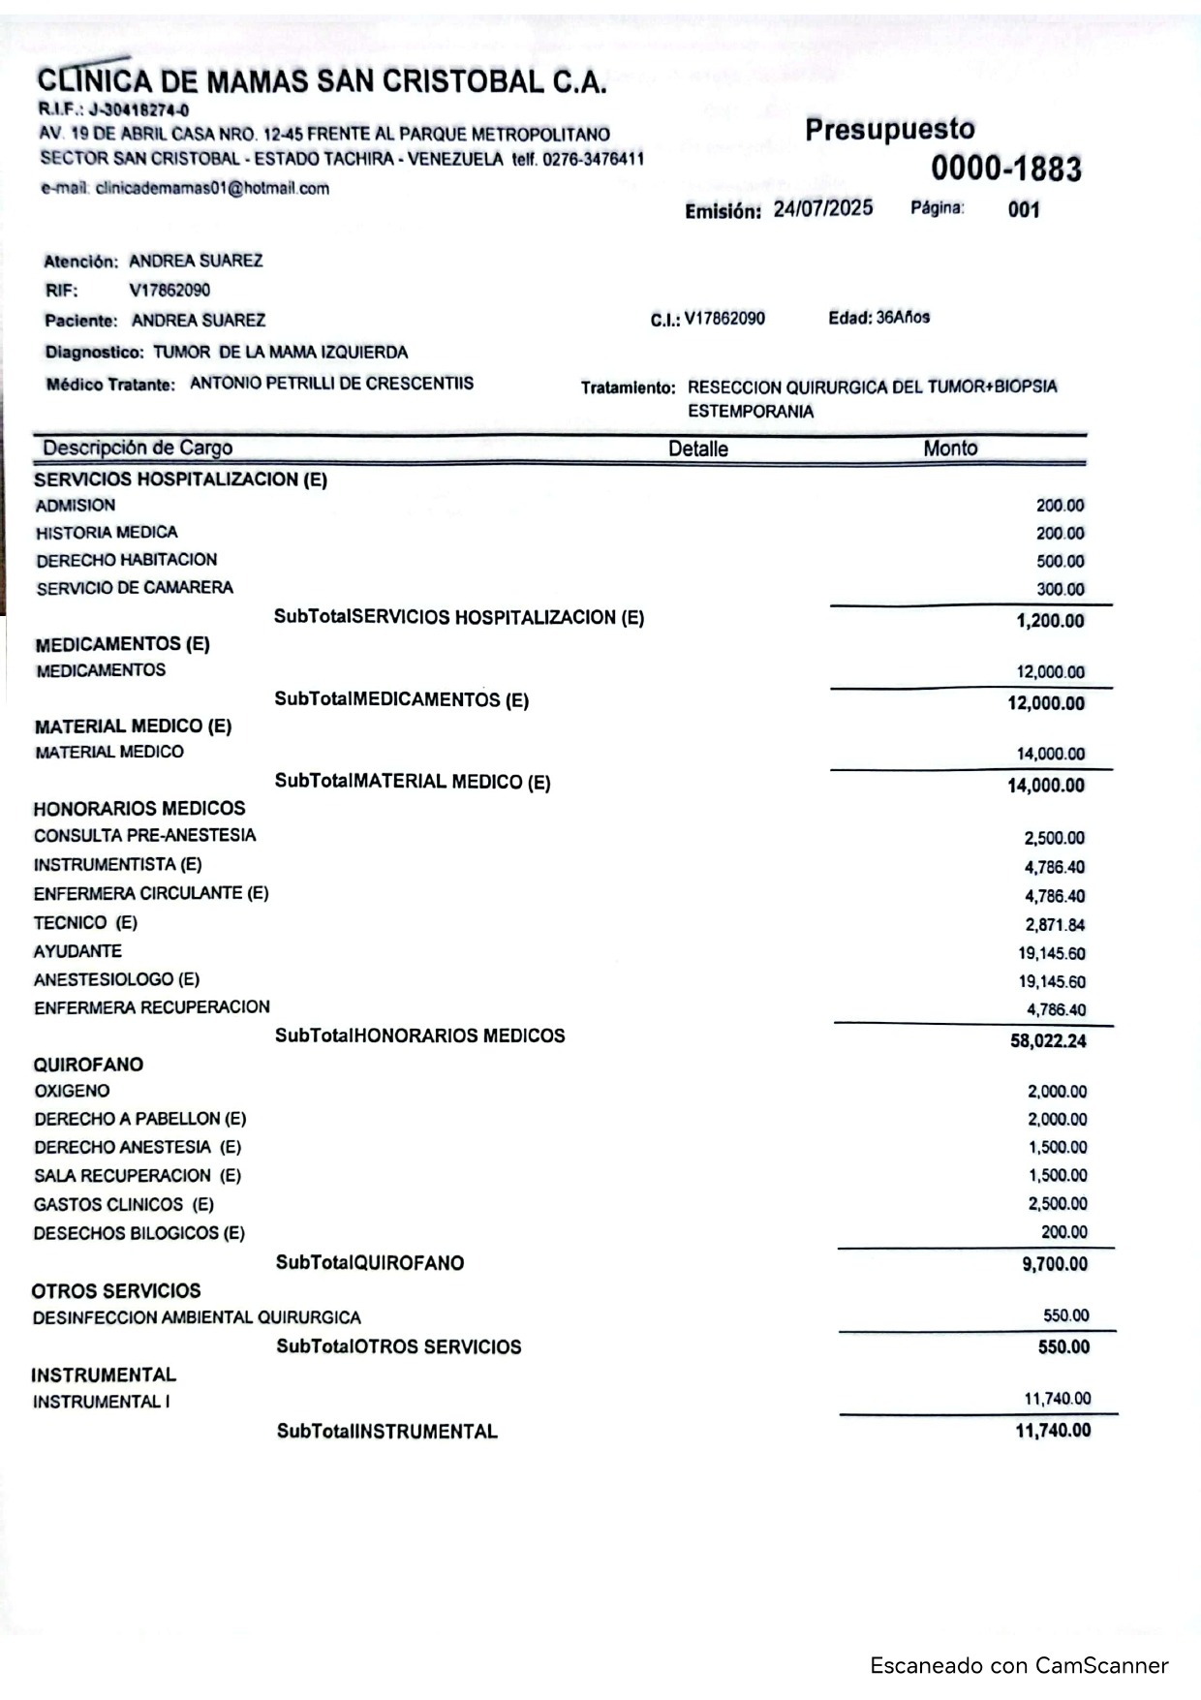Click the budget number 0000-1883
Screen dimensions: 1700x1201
coord(1006,169)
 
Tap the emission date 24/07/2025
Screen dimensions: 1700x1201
coord(822,209)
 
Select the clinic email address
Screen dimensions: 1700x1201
coord(212,189)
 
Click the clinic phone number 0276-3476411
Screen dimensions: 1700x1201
coord(594,159)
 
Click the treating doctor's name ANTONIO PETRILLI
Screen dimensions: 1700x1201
coord(331,384)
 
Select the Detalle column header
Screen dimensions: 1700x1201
coord(697,448)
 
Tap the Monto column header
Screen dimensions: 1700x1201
coord(950,448)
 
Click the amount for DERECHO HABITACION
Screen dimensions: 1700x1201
coord(1060,562)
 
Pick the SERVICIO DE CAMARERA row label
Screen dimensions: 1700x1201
coord(135,588)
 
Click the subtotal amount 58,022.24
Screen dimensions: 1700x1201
coord(1048,1041)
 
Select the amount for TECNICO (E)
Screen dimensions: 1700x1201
coord(1055,925)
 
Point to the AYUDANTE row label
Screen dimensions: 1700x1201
coord(77,951)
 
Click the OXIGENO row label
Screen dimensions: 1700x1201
coord(72,1091)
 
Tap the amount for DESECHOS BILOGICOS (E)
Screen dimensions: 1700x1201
coord(1063,1232)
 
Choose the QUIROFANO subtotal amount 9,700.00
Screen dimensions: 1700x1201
coord(1054,1264)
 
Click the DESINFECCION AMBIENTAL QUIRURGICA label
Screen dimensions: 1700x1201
coord(197,1318)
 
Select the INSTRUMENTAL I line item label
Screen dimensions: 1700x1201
coord(102,1402)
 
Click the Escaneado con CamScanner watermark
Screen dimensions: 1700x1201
coord(1019,1666)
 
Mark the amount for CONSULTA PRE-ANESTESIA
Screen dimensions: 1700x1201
coord(1055,839)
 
